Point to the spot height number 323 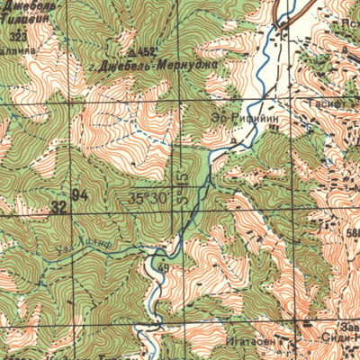pos(17,35)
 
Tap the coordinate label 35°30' pos(149,198)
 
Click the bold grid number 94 pos(79,195)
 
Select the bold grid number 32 pos(59,208)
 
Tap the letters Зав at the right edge pos(351,327)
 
